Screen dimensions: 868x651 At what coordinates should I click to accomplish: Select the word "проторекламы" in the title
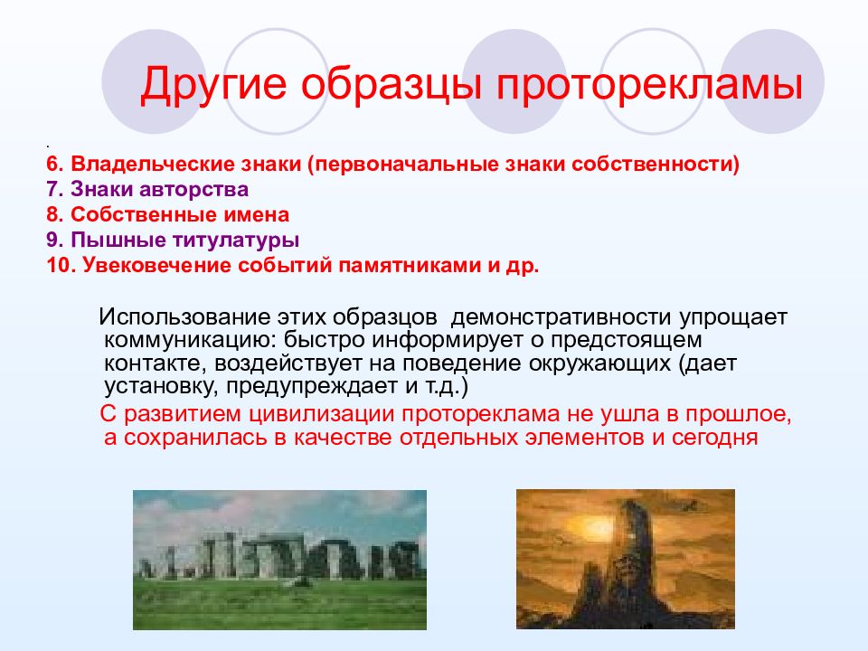coord(649,85)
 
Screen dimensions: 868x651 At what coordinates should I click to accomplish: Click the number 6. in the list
coord(55,165)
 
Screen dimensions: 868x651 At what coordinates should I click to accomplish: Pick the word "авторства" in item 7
coord(193,189)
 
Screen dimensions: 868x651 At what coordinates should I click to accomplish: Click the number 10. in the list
coord(61,266)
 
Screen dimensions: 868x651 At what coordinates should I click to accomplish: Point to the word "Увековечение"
coord(156,266)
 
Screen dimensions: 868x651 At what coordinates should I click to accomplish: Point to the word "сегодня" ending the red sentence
coord(714,438)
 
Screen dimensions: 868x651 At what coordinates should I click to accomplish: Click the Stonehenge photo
coord(279,560)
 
